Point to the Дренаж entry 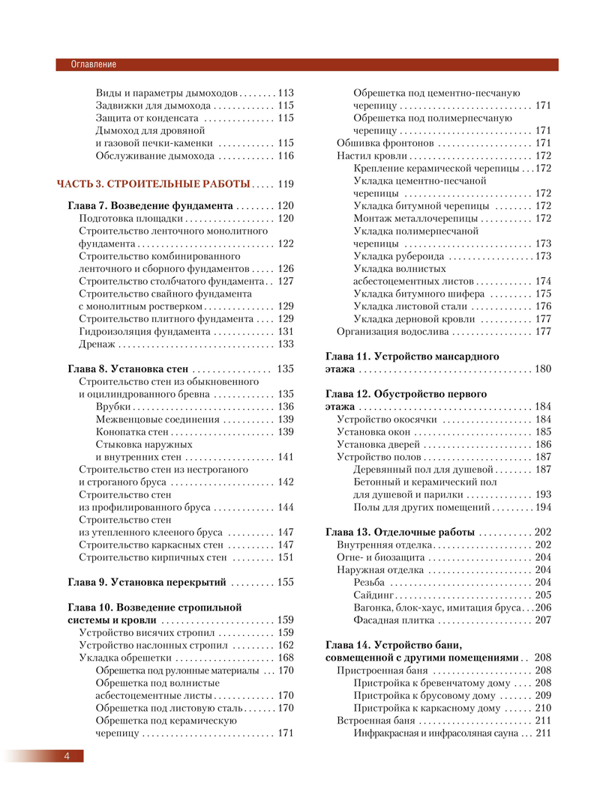[98, 345]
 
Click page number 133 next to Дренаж [285, 345]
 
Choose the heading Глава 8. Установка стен [128, 369]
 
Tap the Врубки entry [113, 407]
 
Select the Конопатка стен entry [131, 432]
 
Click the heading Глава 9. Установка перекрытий [147, 560]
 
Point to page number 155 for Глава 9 [285, 560]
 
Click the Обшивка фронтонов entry [385, 143]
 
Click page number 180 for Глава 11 [543, 369]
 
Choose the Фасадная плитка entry [394, 620]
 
